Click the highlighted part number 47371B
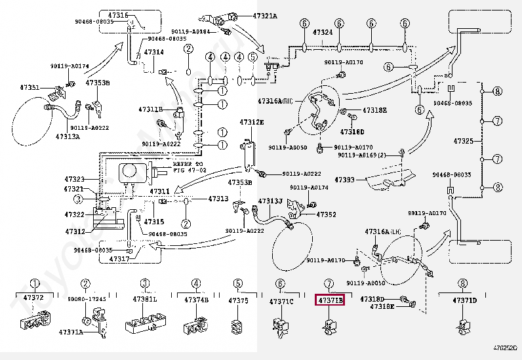tap(331, 300)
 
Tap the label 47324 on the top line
tap(322, 32)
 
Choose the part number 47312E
tap(251, 123)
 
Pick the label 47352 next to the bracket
tap(326, 214)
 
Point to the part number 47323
tap(74, 178)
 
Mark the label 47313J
tap(270, 201)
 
